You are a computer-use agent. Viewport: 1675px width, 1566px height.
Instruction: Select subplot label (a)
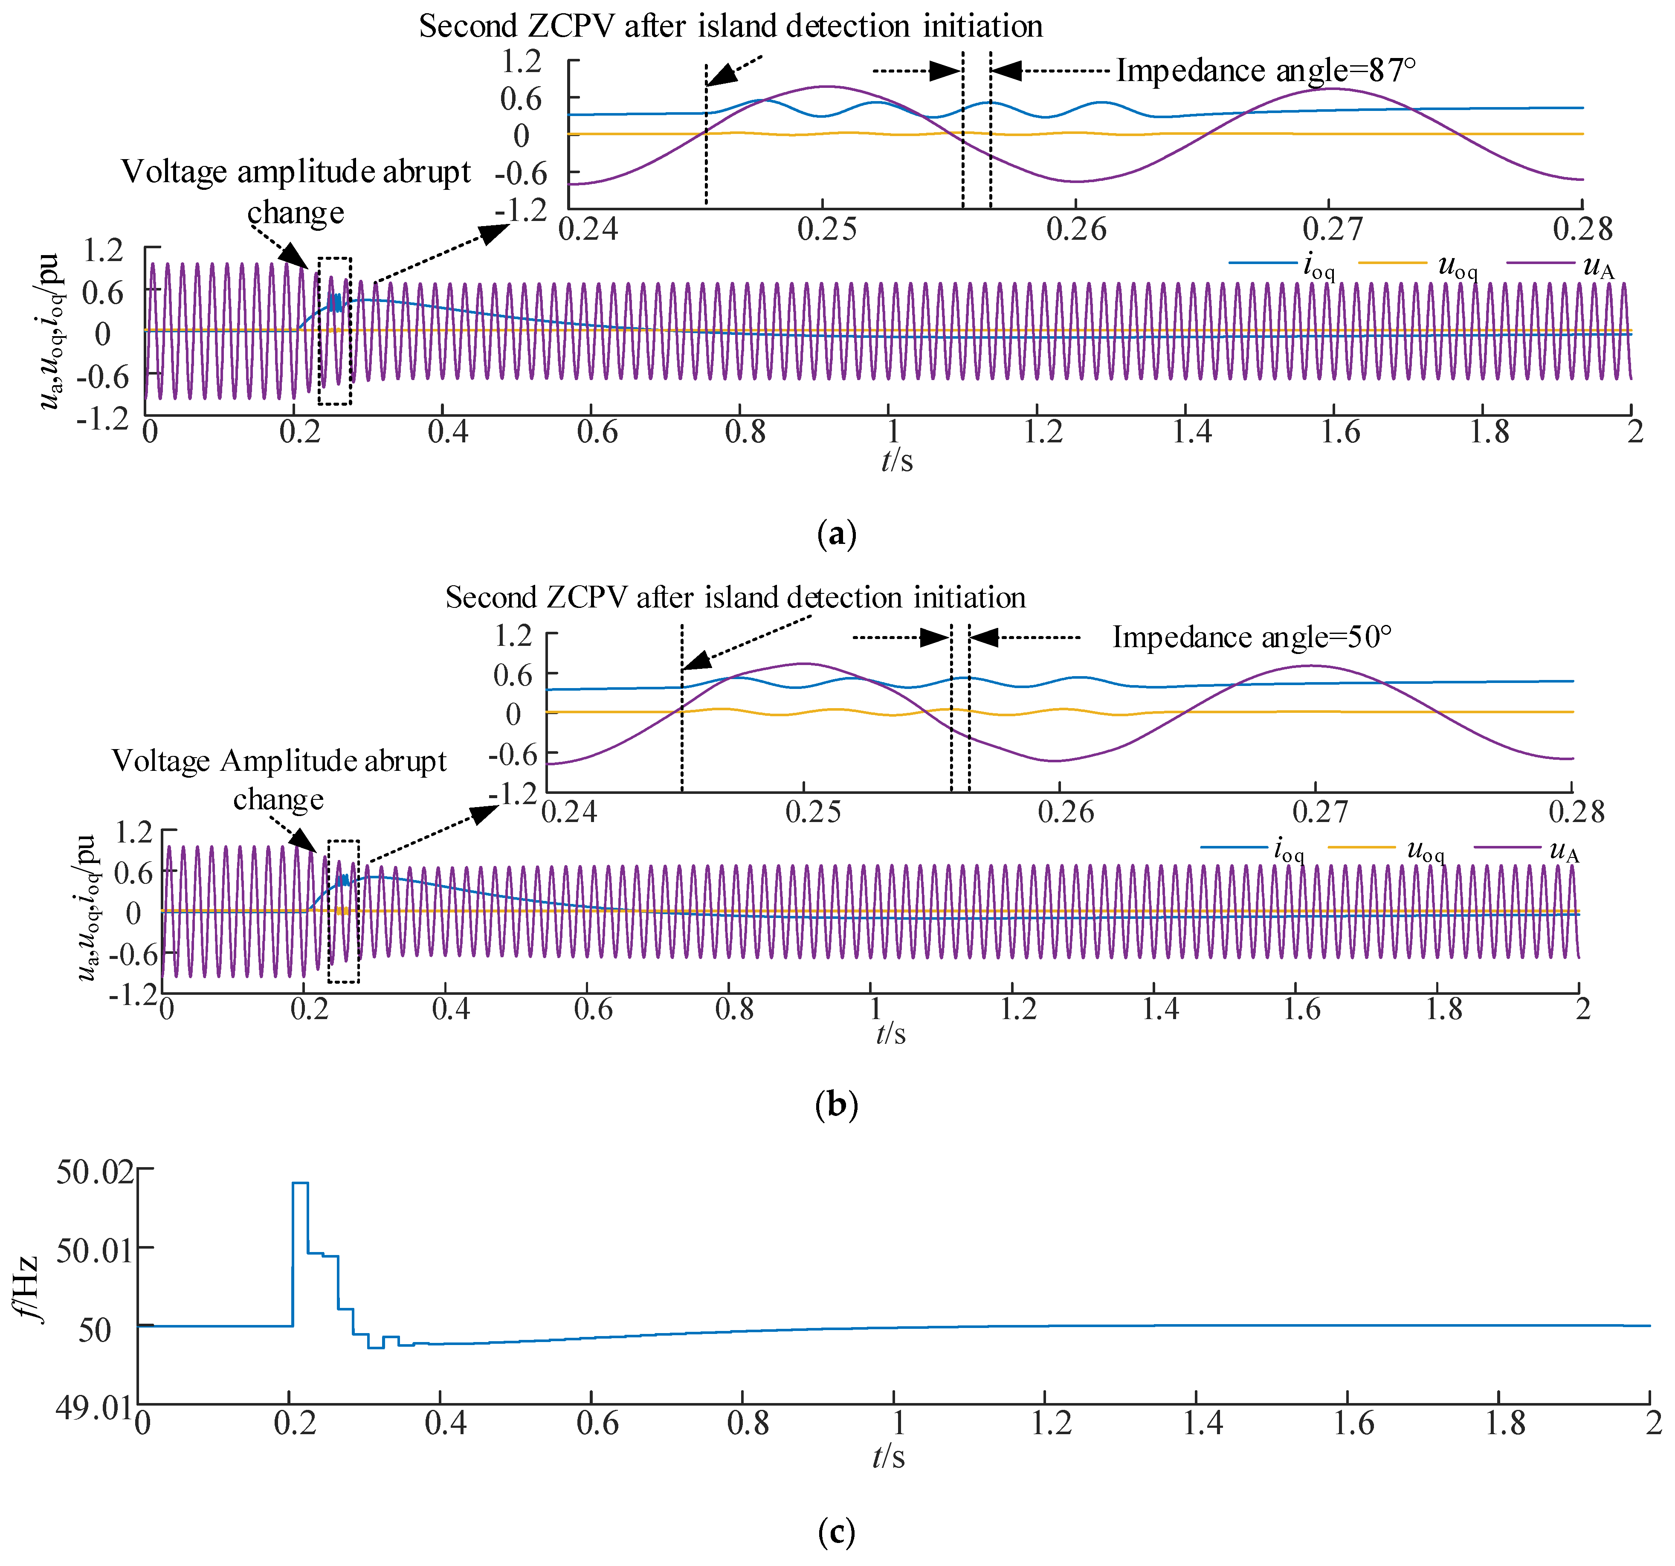coord(837,535)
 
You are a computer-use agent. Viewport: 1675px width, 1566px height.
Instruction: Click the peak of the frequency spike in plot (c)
coord(300,1183)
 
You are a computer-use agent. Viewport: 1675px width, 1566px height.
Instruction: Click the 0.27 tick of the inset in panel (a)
coord(1331,229)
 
